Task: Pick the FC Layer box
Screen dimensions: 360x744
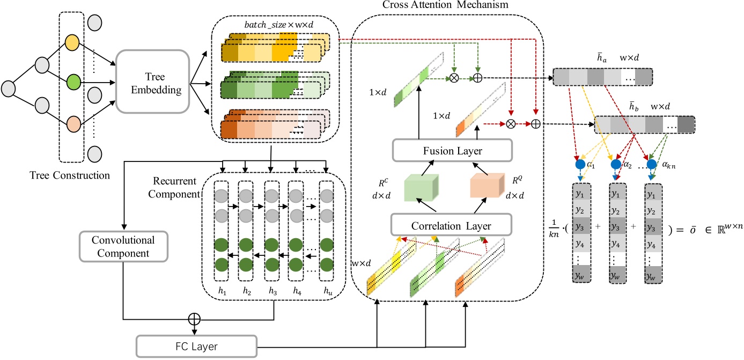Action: pyautogui.click(x=196, y=346)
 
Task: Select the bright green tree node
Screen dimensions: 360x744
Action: pyautogui.click(x=73, y=83)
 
